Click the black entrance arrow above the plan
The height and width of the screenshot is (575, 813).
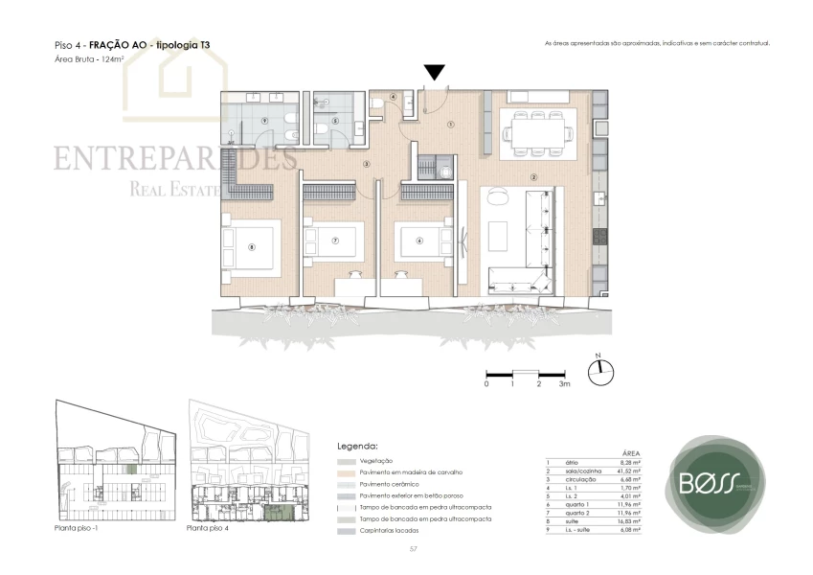coord(434,72)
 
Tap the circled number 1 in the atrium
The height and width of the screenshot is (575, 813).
coord(450,124)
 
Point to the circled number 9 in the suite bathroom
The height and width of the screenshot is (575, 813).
coord(263,120)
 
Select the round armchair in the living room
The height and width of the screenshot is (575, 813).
coord(496,196)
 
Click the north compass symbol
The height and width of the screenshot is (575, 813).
coord(600,372)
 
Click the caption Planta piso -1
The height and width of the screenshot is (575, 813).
coord(81,528)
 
